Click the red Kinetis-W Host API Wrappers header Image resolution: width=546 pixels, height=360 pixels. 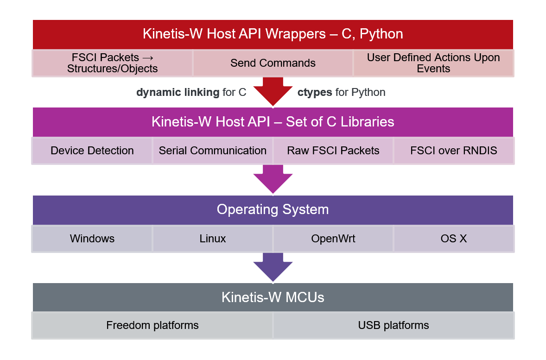273,34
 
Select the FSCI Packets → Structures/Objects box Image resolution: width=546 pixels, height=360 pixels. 112,63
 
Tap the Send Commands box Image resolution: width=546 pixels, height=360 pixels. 273,63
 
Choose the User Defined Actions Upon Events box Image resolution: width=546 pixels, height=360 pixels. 433,63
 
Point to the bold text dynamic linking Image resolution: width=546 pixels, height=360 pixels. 178,92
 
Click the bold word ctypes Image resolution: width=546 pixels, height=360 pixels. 315,92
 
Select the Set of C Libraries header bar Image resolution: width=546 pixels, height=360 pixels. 273,122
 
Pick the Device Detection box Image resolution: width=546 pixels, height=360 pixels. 92,151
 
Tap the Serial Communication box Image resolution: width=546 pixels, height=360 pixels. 212,151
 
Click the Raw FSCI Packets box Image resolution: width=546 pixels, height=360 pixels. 333,151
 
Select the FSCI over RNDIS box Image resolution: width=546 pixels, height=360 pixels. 453,151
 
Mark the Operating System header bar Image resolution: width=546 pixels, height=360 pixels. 273,209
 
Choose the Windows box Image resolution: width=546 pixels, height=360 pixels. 92,239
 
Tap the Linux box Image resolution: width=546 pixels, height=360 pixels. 212,239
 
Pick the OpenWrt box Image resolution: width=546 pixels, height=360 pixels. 333,239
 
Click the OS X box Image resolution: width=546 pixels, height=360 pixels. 453,239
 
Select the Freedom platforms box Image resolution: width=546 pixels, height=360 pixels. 152,325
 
